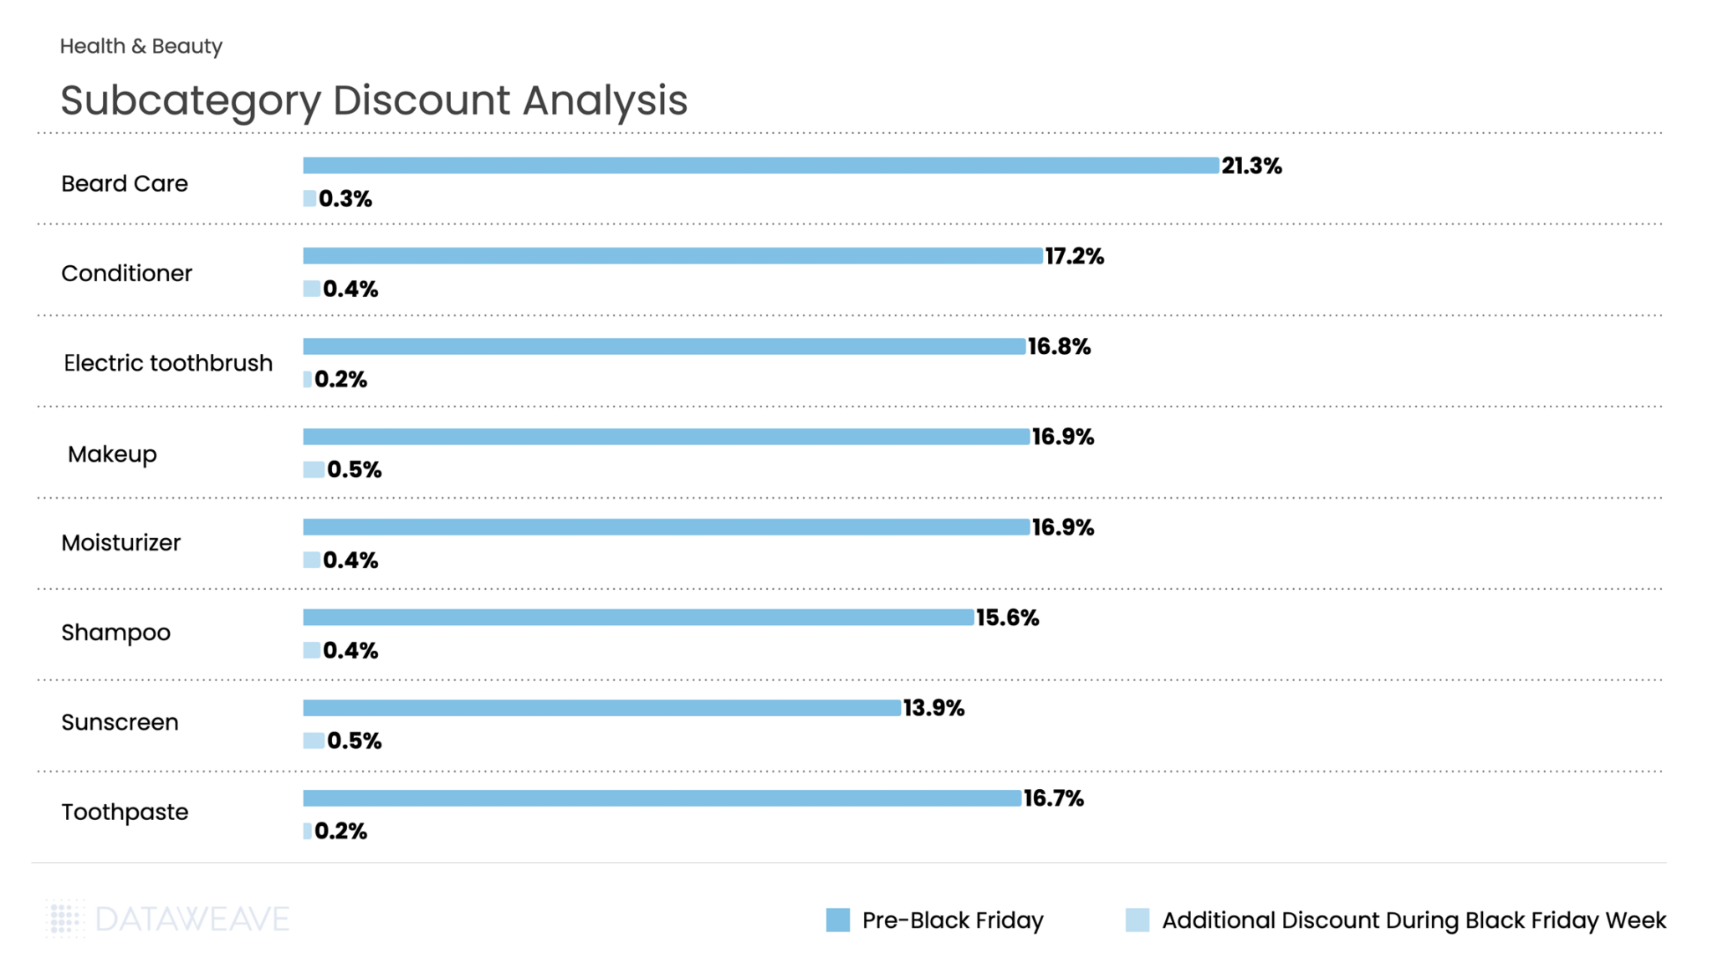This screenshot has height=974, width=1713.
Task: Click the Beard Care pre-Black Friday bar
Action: [x=760, y=166]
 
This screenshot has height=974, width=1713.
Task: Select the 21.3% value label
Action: [x=1251, y=166]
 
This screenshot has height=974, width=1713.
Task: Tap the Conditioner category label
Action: [x=126, y=274]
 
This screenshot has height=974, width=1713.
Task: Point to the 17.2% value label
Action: [x=1075, y=256]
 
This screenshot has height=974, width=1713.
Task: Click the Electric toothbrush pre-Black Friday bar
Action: [x=664, y=346]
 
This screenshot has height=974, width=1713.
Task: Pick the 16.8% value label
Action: [x=1059, y=346]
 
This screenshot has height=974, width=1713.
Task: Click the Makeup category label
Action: [x=112, y=454]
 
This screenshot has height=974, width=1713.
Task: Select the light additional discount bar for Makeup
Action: [x=314, y=469]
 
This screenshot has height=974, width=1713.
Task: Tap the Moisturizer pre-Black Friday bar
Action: [x=666, y=527]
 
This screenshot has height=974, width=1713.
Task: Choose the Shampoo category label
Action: [x=115, y=633]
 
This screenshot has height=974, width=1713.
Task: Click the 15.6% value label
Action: [x=1007, y=618]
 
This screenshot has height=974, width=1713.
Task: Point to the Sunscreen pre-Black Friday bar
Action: [x=601, y=708]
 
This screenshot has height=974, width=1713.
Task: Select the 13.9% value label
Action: [x=933, y=708]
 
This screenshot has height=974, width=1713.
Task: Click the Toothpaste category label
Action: [x=125, y=813]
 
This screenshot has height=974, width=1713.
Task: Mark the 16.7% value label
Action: [x=1053, y=798]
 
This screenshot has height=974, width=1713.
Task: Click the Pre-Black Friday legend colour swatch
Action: [x=837, y=920]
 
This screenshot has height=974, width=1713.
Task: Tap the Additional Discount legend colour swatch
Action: [x=1137, y=920]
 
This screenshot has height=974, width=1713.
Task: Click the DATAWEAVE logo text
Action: [x=192, y=919]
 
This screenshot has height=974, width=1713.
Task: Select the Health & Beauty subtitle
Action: [x=141, y=46]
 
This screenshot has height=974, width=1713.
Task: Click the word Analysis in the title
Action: [x=605, y=100]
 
